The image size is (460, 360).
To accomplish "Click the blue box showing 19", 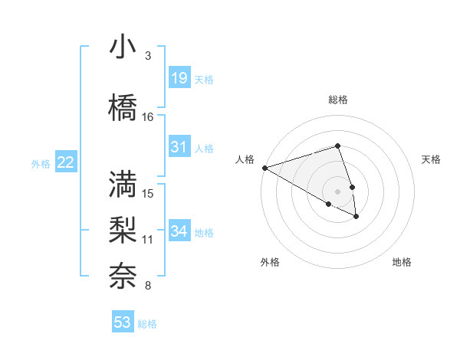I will [x=179, y=77].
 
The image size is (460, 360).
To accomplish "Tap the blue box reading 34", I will [x=179, y=231].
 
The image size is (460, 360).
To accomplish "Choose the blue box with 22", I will [x=65, y=162].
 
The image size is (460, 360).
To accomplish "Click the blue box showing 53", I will [x=123, y=322].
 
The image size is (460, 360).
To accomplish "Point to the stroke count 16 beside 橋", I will [x=148, y=117].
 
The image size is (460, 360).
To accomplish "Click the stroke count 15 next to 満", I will [x=148, y=193].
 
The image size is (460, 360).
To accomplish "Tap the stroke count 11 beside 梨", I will [x=148, y=239].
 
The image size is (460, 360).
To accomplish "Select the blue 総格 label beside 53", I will [x=147, y=324].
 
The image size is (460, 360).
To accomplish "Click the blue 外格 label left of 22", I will [x=41, y=163].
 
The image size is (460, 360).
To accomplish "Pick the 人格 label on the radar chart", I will [x=245, y=159].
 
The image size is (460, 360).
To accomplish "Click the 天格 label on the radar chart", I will [x=431, y=159].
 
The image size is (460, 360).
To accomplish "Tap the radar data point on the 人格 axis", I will [x=264, y=168].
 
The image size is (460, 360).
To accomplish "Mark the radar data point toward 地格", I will [x=356, y=217].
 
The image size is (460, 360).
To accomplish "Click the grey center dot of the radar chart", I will [x=337, y=191].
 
